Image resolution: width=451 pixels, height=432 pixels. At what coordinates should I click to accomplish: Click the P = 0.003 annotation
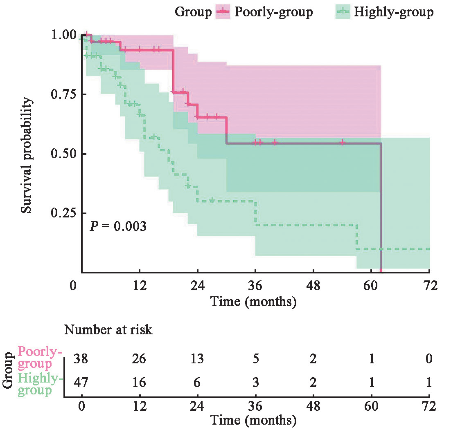(118, 226)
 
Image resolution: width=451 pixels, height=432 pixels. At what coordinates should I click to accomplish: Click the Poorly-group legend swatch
(222, 12)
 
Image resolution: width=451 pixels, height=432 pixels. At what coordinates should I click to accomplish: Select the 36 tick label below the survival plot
(255, 285)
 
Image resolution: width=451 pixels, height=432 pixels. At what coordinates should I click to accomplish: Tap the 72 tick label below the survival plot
(429, 285)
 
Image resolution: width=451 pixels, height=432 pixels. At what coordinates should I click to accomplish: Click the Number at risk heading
(108, 330)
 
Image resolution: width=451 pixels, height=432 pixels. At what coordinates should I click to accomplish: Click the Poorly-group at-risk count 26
(140, 359)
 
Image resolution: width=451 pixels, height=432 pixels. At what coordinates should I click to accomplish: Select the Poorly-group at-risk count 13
(197, 359)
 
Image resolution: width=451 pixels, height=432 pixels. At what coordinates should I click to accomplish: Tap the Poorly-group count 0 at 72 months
(429, 359)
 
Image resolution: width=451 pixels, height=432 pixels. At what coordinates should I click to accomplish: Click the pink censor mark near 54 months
(343, 143)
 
